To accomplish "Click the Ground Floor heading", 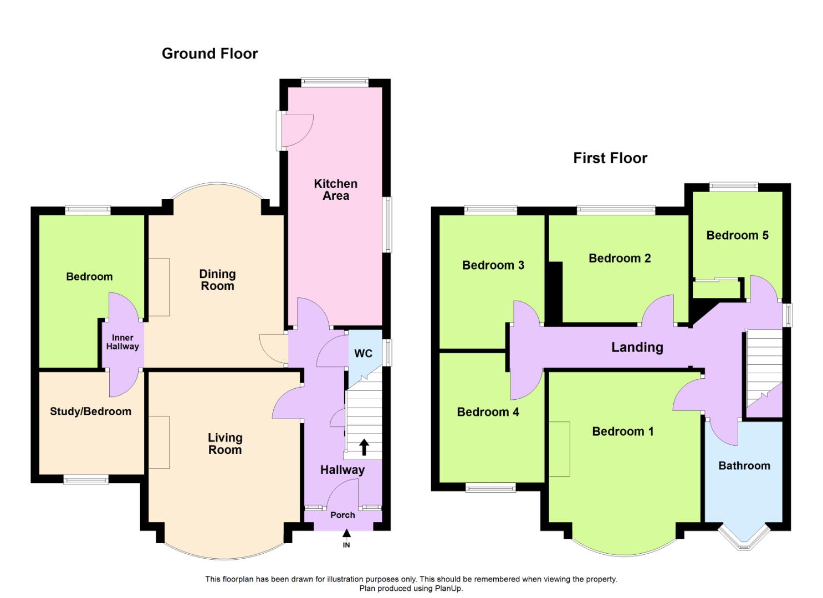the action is [x=210, y=54].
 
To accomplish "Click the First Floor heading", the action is [x=610, y=158].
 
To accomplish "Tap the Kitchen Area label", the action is [x=335, y=189].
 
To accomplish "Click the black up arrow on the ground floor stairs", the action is [x=364, y=447].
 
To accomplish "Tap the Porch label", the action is [x=343, y=515].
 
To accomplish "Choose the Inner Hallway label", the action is [x=122, y=342].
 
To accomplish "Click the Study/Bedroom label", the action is [x=91, y=411].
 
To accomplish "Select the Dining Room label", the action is [x=217, y=280].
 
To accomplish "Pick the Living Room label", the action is [x=225, y=444].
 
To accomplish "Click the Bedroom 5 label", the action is [x=738, y=235].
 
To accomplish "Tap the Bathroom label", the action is [x=744, y=466].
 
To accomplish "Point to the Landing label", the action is [x=637, y=348].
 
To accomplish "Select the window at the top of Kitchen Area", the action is [x=335, y=82].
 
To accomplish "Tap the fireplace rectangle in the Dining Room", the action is [x=159, y=287].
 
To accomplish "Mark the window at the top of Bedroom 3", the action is [x=490, y=210].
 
